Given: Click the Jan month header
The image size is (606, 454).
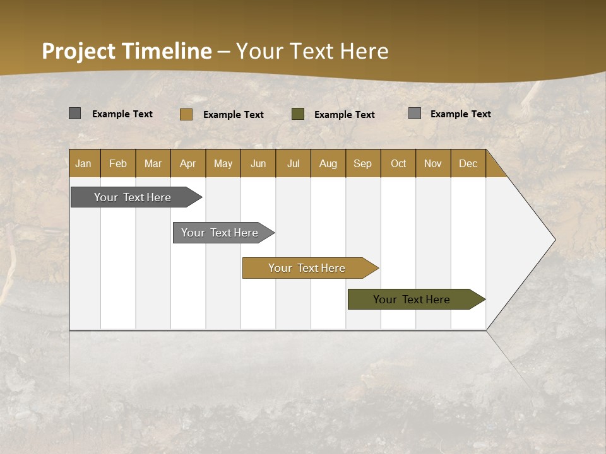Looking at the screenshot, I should (x=84, y=163).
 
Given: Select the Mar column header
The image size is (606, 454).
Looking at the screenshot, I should (x=153, y=163).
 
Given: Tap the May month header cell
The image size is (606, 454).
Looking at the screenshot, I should (x=223, y=163).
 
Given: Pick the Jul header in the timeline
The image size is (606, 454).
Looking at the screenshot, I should (x=293, y=163).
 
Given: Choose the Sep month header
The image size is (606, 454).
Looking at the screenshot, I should (x=362, y=163).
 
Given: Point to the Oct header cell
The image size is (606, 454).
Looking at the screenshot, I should (x=398, y=163).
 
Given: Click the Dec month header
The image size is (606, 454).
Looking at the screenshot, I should (x=468, y=163).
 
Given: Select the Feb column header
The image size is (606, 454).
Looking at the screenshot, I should (x=118, y=163).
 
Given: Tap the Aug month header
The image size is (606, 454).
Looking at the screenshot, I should (x=328, y=163).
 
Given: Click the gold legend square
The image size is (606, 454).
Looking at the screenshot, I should (x=186, y=114).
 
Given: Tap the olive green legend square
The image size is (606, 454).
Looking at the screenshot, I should (x=298, y=114).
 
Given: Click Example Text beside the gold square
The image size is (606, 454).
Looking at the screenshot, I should (x=233, y=115).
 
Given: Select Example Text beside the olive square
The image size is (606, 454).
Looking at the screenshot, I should (x=344, y=115).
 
